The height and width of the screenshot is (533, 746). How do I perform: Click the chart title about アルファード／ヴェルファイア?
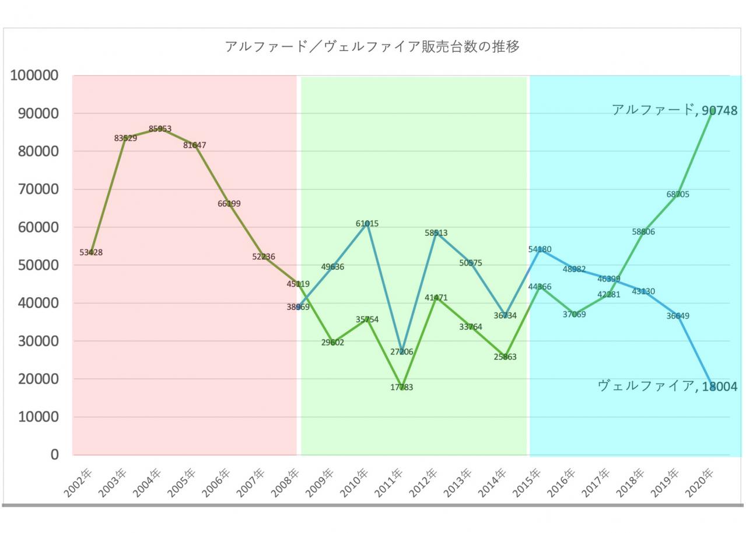tap(372, 47)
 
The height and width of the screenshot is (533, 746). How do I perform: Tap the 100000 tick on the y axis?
tap(34, 75)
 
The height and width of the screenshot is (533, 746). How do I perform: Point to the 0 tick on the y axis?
tap(55, 455)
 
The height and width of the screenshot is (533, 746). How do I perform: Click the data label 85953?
tap(160, 128)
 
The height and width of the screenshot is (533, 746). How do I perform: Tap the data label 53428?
tap(91, 252)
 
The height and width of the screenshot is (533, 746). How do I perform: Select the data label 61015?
tap(367, 224)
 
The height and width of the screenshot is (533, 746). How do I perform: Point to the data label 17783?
tap(402, 387)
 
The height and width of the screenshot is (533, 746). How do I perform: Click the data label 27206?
tap(402, 351)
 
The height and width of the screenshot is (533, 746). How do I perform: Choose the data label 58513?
tap(436, 233)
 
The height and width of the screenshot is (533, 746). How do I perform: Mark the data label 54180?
tap(540, 249)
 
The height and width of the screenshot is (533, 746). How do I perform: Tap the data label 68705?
tap(678, 194)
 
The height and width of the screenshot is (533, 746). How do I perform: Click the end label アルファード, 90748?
tap(675, 110)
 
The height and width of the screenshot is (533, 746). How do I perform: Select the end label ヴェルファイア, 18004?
tap(668, 386)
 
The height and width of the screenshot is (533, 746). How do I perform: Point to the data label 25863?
tap(505, 357)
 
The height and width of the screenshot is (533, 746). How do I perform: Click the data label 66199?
tap(229, 204)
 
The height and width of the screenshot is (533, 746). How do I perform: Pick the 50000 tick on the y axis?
tap(38, 266)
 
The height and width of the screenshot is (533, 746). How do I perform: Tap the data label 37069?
tap(574, 314)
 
